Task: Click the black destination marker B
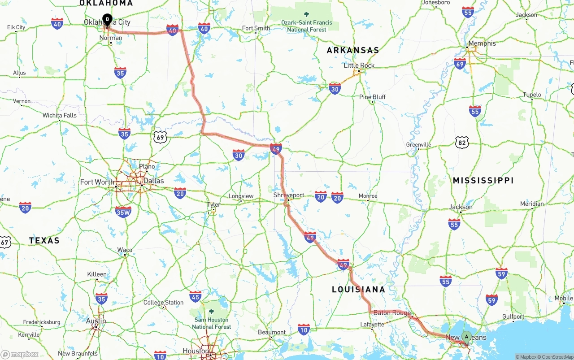click(107, 19)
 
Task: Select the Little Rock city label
click(359, 65)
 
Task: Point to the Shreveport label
click(289, 195)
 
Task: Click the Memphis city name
click(482, 43)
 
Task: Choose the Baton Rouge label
click(392, 313)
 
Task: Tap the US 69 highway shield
click(161, 137)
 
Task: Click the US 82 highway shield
click(461, 143)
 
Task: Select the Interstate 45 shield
click(196, 296)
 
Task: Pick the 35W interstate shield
click(123, 212)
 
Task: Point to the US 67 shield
click(5, 242)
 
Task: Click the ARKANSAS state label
click(353, 51)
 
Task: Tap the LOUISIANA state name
click(359, 290)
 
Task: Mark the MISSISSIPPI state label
click(483, 181)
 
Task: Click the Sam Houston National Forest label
click(211, 323)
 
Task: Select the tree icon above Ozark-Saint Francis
click(307, 15)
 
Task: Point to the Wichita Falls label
click(60, 115)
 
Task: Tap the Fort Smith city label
click(256, 28)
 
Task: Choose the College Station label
click(164, 303)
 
